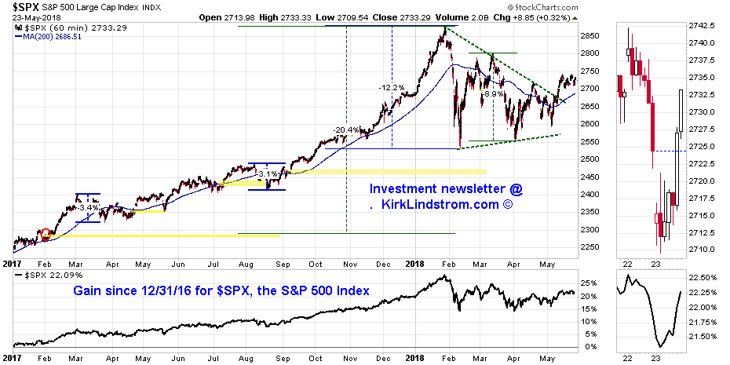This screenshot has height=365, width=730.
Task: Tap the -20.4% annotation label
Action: pyautogui.click(x=346, y=130)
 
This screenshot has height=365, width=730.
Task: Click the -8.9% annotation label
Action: pyautogui.click(x=492, y=93)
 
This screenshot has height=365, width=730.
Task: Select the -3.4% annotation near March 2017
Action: pyautogui.click(x=87, y=207)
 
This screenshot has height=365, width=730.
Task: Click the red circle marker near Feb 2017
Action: pyautogui.click(x=45, y=234)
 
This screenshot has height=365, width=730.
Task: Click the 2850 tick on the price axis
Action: pyautogui.click(x=590, y=36)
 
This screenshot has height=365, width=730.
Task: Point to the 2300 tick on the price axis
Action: pyautogui.click(x=590, y=230)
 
